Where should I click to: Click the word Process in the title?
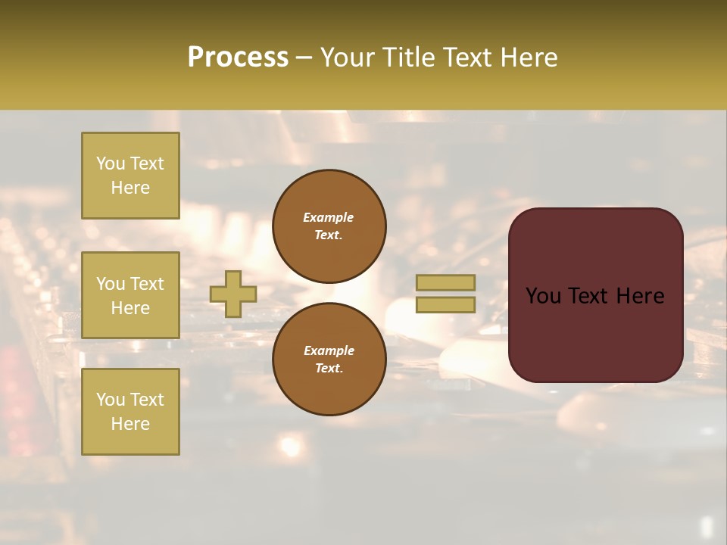[238, 58]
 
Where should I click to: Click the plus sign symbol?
[233, 294]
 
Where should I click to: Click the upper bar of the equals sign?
[445, 282]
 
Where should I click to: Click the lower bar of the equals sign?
[445, 304]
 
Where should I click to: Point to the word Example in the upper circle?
[328, 217]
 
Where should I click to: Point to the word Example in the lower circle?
[328, 350]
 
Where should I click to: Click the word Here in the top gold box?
[130, 188]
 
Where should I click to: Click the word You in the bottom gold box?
[111, 399]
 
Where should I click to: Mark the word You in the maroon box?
[543, 296]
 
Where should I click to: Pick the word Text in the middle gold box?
[147, 284]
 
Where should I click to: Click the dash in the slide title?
[304, 58]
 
